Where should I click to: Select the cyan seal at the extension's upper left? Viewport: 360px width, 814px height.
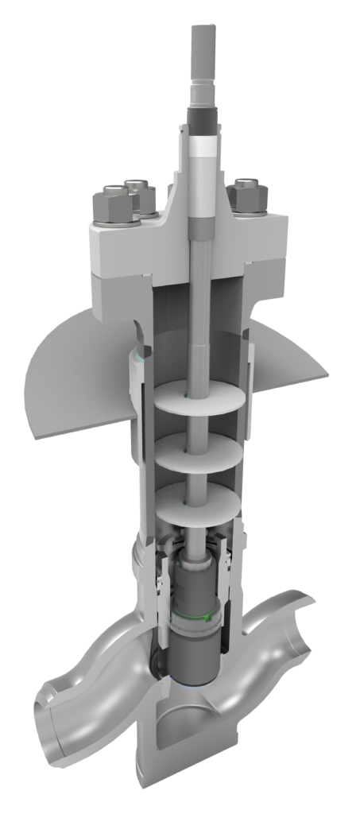click(x=140, y=356)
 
